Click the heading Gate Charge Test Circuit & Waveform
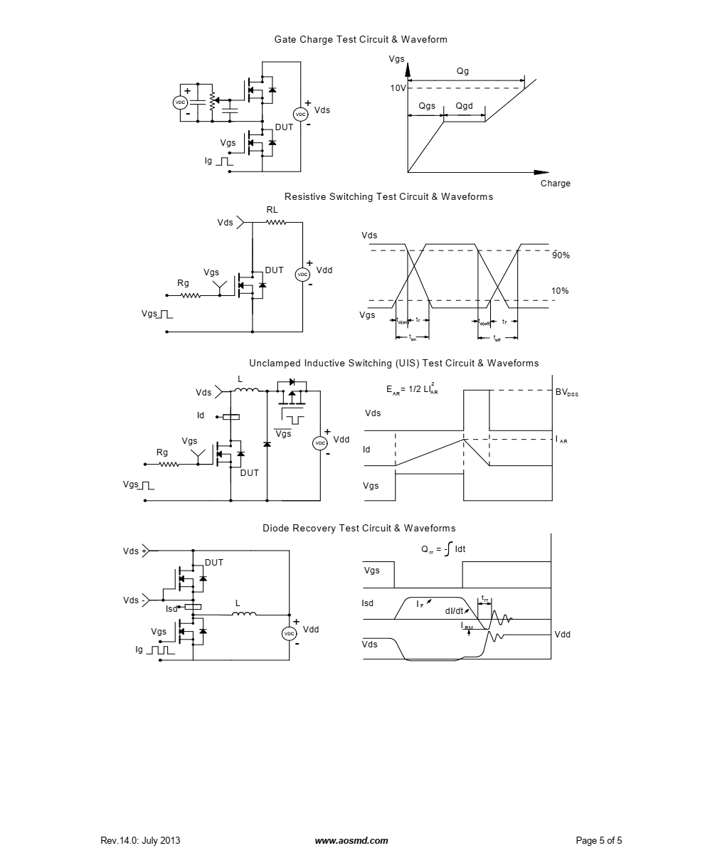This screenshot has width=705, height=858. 361,40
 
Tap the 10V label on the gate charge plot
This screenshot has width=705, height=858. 397,88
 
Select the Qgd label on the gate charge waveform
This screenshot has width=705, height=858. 464,107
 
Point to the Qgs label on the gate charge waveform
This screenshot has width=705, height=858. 427,107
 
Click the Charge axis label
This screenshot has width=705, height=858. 555,184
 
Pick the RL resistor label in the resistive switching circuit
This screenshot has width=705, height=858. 272,210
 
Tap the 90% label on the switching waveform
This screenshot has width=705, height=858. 561,255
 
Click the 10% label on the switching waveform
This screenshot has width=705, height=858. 561,291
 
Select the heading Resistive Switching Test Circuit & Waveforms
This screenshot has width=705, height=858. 388,197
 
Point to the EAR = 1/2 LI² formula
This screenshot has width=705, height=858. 412,389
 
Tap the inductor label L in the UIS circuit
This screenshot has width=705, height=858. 240,379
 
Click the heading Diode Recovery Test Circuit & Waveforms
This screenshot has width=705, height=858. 359,529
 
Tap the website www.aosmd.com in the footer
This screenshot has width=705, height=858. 351,841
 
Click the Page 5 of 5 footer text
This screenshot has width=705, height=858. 598,841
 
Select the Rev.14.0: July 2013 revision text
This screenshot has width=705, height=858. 140,841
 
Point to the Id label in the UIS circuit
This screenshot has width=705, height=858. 201,415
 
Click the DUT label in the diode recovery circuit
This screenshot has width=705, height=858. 214,563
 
